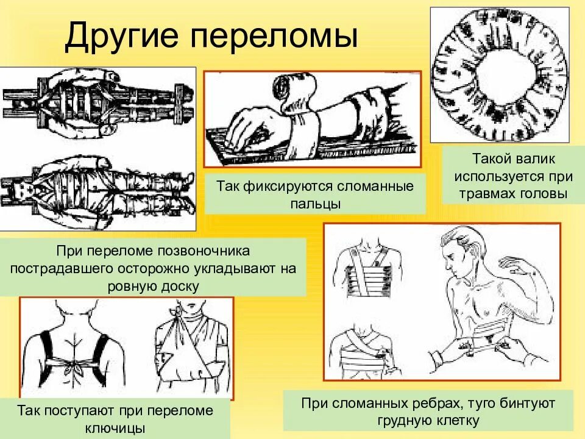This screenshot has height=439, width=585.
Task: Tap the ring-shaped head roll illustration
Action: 500,74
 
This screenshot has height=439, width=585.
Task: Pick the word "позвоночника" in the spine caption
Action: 208,251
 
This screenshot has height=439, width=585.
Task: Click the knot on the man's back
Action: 79,368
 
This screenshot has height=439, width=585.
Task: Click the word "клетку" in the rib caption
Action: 458,421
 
